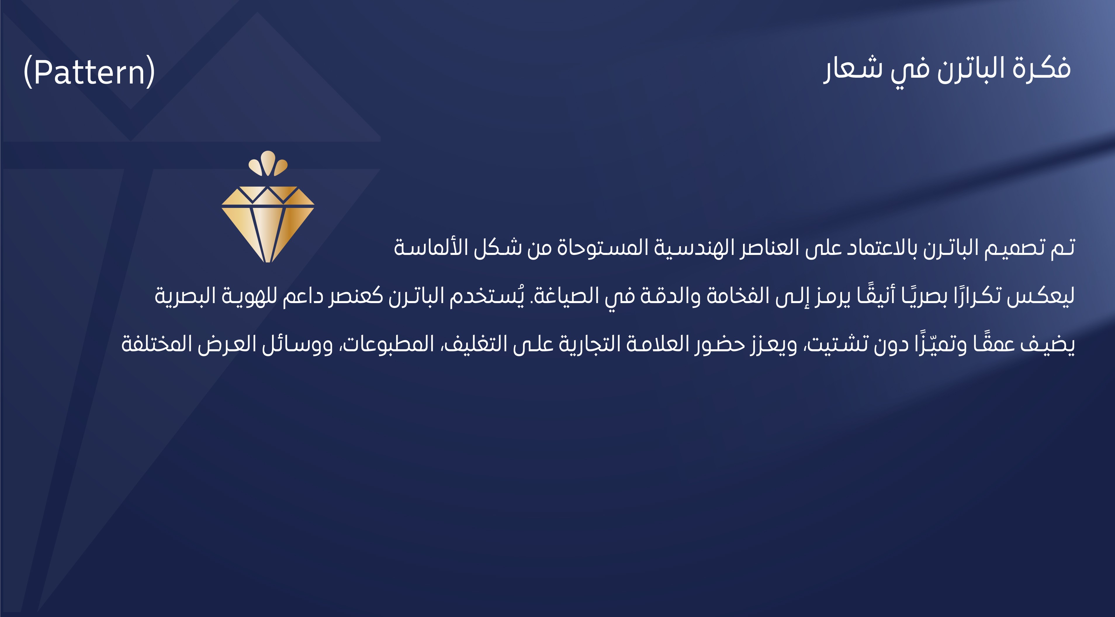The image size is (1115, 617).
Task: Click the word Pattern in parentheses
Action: tap(89, 72)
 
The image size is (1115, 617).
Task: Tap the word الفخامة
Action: tap(735, 296)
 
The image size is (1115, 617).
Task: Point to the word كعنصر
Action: tap(355, 296)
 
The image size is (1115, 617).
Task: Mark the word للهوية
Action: tap(249, 296)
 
